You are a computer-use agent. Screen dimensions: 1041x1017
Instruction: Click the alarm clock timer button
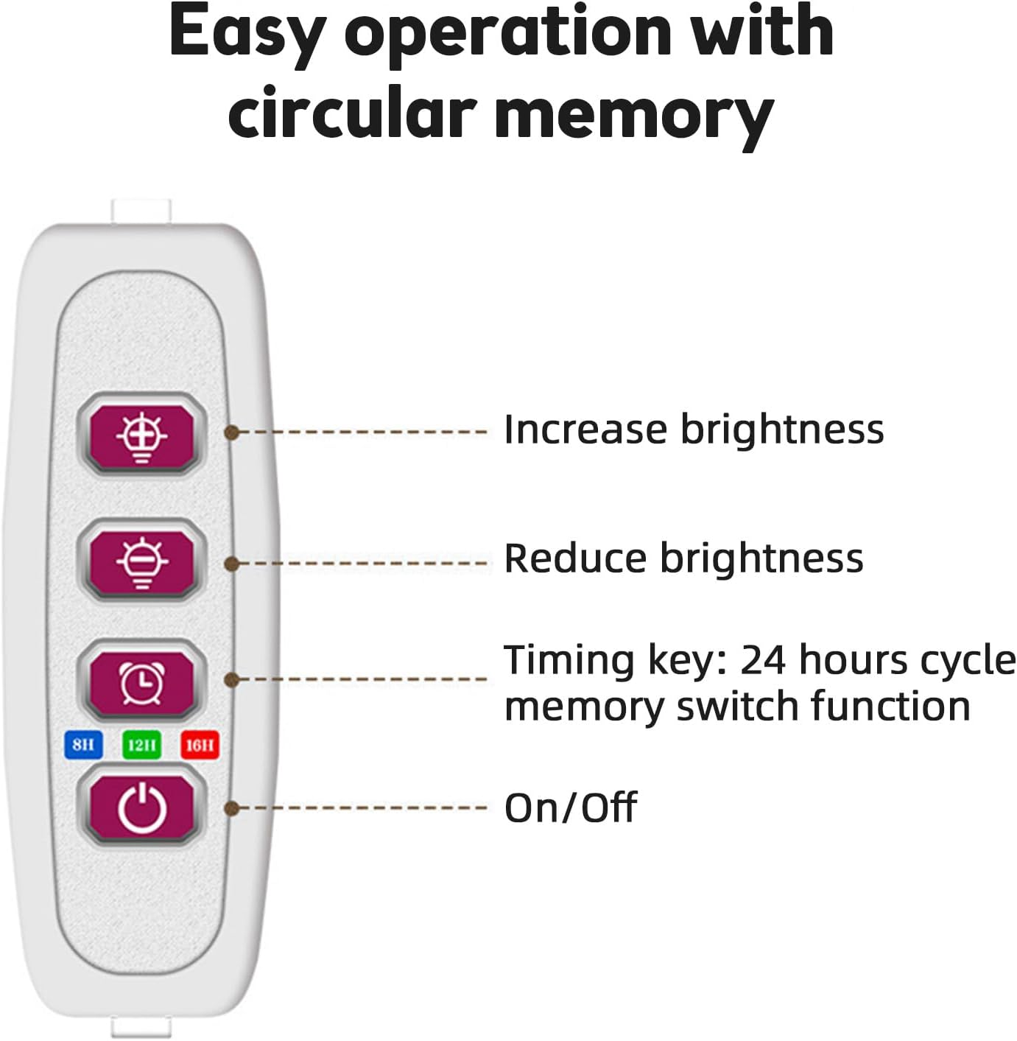click(141, 682)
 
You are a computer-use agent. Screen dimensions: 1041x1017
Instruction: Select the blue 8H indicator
click(83, 745)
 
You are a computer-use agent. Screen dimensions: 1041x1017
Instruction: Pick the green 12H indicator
click(141, 745)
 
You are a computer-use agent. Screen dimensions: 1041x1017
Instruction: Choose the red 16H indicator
click(200, 745)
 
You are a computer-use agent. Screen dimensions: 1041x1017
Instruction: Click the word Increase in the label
click(585, 430)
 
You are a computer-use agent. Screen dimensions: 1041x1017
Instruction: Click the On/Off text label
click(571, 808)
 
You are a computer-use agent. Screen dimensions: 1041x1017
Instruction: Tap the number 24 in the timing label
click(764, 660)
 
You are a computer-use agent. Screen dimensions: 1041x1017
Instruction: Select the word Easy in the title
click(247, 32)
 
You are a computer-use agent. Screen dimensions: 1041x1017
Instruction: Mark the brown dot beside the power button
click(232, 809)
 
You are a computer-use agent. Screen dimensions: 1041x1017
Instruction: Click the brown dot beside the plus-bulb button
click(232, 432)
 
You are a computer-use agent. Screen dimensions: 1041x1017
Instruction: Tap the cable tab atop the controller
click(141, 211)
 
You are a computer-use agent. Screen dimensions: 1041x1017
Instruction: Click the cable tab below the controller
click(141, 1026)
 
